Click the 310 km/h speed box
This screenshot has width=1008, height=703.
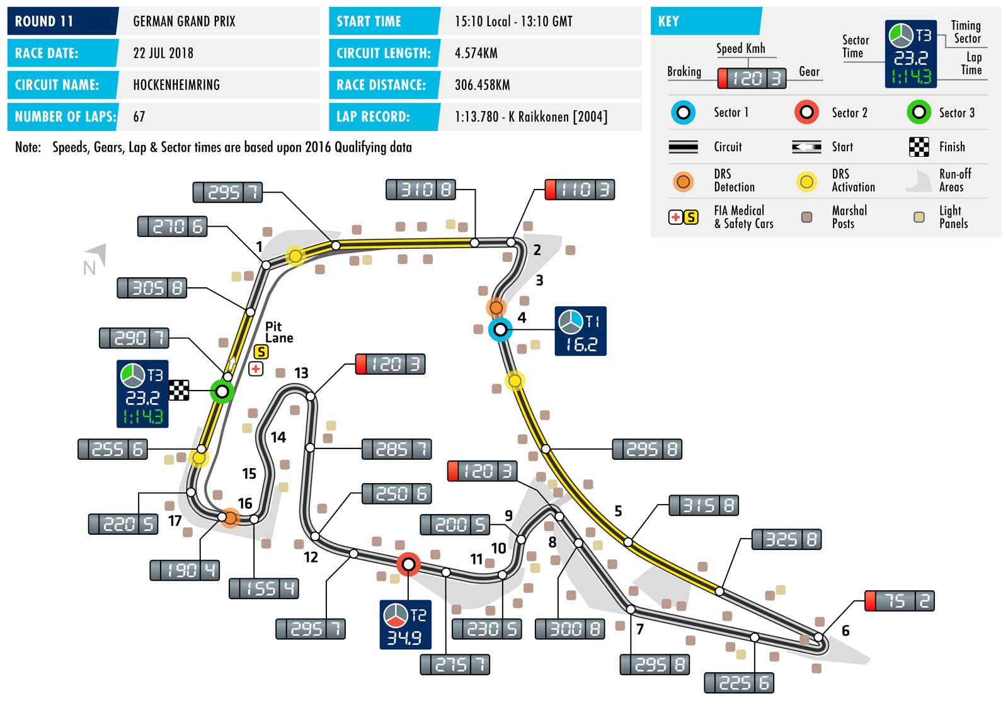tap(420, 190)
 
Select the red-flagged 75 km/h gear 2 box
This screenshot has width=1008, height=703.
tap(900, 601)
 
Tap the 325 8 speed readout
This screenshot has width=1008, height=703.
tap(786, 540)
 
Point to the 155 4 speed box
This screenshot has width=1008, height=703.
tap(264, 589)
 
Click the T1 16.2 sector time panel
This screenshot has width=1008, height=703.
tap(580, 331)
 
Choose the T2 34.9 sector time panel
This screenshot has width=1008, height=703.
tap(405, 625)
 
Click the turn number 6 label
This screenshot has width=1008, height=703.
tap(845, 631)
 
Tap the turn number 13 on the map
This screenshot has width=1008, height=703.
tap(301, 373)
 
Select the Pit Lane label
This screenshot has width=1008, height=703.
tap(278, 332)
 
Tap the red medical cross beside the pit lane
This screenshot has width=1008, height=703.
tap(256, 369)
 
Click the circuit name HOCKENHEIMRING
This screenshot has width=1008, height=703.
tap(176, 85)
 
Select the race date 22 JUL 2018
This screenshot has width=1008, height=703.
tap(163, 53)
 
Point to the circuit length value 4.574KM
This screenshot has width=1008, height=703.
tap(476, 53)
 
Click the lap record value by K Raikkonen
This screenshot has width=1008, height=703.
tap(531, 117)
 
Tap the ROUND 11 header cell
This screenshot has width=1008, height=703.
tap(62, 21)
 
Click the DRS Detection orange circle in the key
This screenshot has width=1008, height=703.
tap(683, 182)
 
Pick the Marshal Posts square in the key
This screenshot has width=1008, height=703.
tap(806, 217)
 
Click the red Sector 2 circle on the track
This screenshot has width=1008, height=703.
tap(408, 564)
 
